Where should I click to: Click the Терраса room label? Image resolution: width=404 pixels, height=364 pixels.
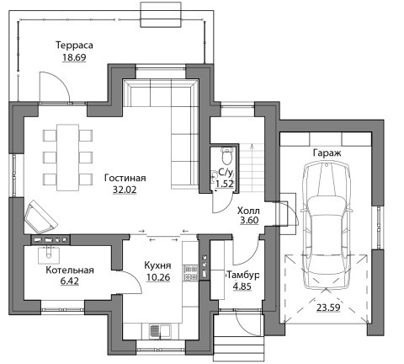click(x=74, y=45)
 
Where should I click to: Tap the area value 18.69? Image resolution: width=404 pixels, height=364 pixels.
click(x=74, y=57)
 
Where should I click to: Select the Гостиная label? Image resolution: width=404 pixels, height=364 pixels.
click(x=125, y=178)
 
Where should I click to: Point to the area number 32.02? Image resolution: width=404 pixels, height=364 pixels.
click(x=125, y=190)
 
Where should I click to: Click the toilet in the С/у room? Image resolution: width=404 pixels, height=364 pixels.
click(x=226, y=156)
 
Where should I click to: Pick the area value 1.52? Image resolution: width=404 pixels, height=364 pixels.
click(x=225, y=184)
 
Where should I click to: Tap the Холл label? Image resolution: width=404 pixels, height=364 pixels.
click(x=248, y=211)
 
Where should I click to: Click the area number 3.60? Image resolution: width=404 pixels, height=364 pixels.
click(x=249, y=221)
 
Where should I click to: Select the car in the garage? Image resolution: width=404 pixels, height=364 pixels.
click(x=326, y=225)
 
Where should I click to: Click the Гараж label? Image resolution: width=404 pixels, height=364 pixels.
click(x=327, y=153)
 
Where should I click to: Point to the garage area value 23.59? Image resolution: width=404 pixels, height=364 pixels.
click(x=328, y=308)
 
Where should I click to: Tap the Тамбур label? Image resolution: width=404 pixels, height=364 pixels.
click(x=242, y=276)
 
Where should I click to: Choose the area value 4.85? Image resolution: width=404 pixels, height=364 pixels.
click(x=242, y=286)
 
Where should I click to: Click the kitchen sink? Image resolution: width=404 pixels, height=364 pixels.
click(x=160, y=330)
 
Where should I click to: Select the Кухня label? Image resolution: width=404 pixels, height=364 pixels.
click(x=157, y=265)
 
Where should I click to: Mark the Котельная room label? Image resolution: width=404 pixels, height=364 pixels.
click(x=70, y=270)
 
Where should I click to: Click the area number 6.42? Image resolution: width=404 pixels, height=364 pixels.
click(x=70, y=281)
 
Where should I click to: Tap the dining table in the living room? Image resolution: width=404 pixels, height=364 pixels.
click(x=68, y=158)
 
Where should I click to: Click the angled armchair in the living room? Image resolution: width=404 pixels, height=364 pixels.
click(x=41, y=217)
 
